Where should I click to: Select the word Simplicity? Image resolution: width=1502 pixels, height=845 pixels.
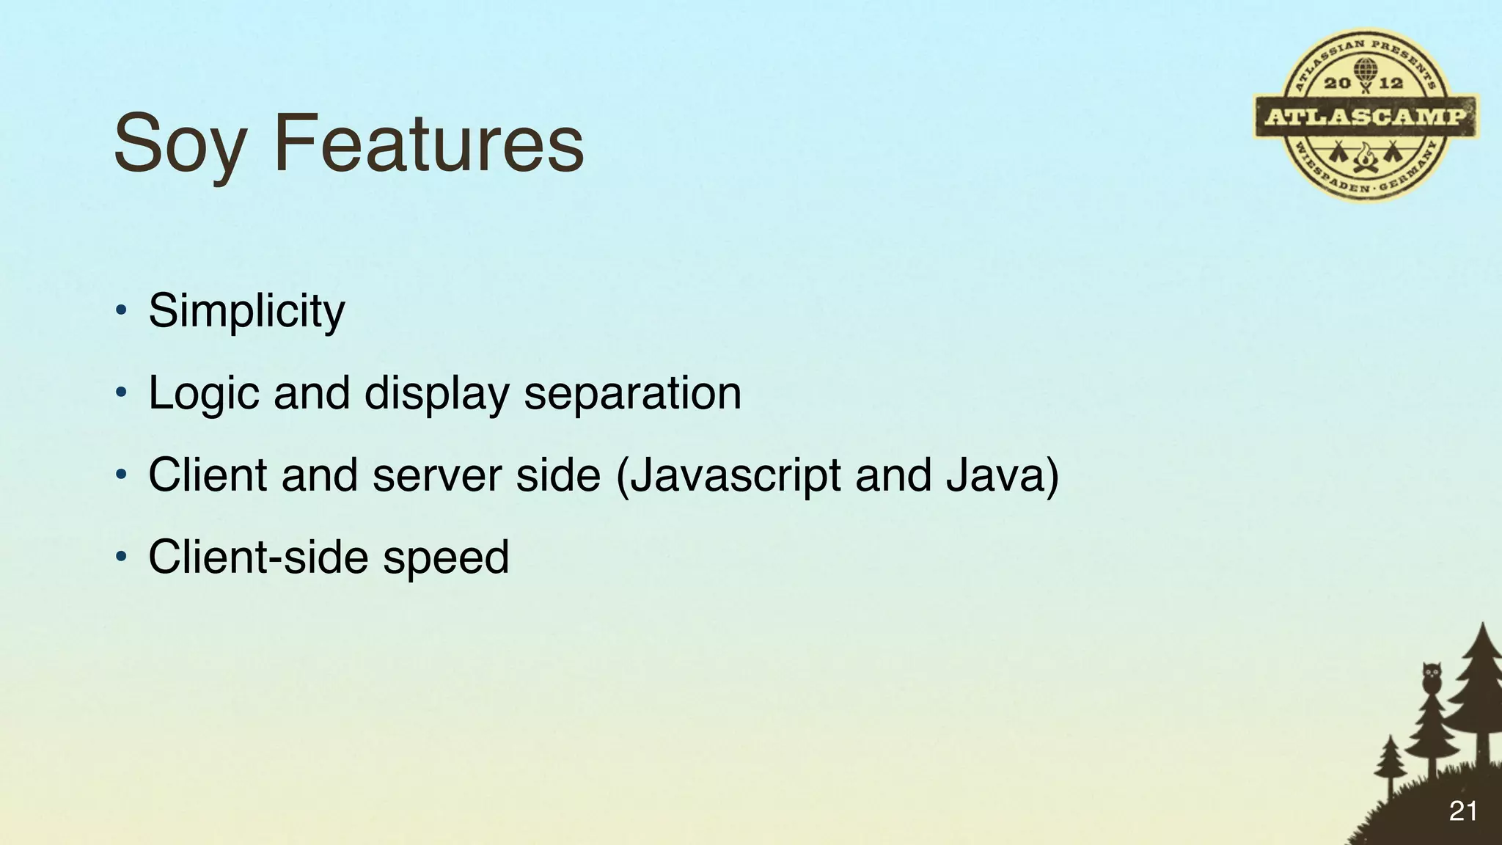[x=246, y=311]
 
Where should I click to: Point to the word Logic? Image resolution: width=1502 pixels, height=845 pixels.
[x=204, y=394]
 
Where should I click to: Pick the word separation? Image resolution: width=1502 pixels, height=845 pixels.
[x=632, y=393]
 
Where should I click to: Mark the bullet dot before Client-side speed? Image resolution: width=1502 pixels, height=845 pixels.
[x=122, y=557]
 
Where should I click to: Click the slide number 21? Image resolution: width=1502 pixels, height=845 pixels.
[x=1462, y=811]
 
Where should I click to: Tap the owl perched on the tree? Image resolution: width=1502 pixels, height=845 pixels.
[x=1431, y=676]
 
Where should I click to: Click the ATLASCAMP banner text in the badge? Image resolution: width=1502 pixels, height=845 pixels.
[x=1366, y=117]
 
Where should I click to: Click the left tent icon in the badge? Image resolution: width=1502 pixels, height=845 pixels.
[x=1337, y=154]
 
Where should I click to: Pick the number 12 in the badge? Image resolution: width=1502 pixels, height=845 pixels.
[x=1391, y=83]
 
